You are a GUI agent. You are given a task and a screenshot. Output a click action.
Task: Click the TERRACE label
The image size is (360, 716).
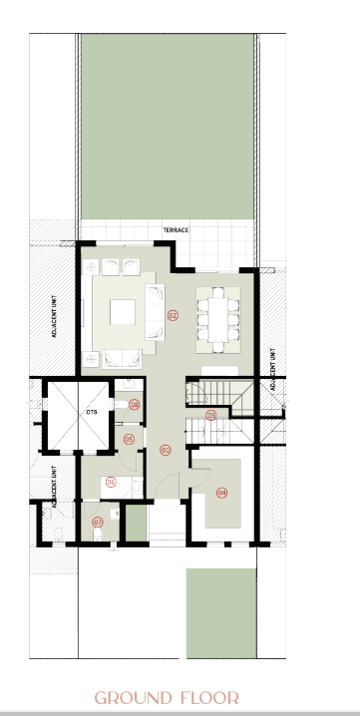point(176,230)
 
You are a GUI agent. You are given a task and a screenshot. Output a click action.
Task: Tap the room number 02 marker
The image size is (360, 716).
point(173,315)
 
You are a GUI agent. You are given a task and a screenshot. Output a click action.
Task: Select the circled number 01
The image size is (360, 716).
point(166,450)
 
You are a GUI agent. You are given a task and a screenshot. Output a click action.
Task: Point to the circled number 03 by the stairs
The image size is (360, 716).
point(210,415)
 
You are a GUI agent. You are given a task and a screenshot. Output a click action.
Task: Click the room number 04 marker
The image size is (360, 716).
point(221,493)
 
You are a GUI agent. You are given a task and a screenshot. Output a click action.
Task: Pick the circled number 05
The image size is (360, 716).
point(129,440)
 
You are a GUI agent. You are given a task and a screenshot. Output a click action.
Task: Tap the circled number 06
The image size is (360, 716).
point(111,482)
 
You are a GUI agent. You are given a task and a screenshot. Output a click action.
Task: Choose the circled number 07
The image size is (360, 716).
point(98,522)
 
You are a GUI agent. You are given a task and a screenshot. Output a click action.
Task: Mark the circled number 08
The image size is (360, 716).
point(134,405)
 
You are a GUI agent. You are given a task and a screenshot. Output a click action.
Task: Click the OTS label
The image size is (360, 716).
point(92,412)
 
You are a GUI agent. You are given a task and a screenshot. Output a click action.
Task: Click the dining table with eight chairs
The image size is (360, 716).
point(218,320)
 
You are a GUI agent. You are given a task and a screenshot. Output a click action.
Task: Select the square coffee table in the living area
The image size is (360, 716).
point(123,312)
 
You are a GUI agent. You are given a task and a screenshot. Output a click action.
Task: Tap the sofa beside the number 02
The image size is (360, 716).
point(155,312)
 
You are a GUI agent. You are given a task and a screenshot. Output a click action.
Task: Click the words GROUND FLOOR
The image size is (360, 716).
point(167,698)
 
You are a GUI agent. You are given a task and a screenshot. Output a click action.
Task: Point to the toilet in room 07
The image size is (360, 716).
point(98,535)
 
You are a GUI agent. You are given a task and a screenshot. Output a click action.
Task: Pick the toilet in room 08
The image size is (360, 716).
point(121,405)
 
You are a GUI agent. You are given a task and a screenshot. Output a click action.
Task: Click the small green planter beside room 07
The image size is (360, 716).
point(136,523)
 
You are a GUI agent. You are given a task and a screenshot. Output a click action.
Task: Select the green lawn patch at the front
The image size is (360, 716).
point(221,613)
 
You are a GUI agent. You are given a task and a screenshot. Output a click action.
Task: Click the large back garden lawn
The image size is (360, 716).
point(168,127)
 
